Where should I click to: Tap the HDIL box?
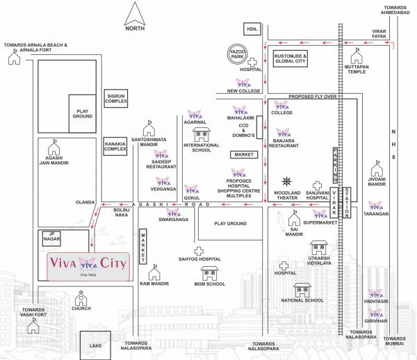[250, 28]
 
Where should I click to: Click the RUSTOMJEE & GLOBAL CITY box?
[290, 59]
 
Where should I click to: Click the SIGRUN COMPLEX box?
[117, 98]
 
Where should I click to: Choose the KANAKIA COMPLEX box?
[116, 145]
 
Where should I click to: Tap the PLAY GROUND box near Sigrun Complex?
[83, 113]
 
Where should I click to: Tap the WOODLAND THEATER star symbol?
[286, 181]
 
